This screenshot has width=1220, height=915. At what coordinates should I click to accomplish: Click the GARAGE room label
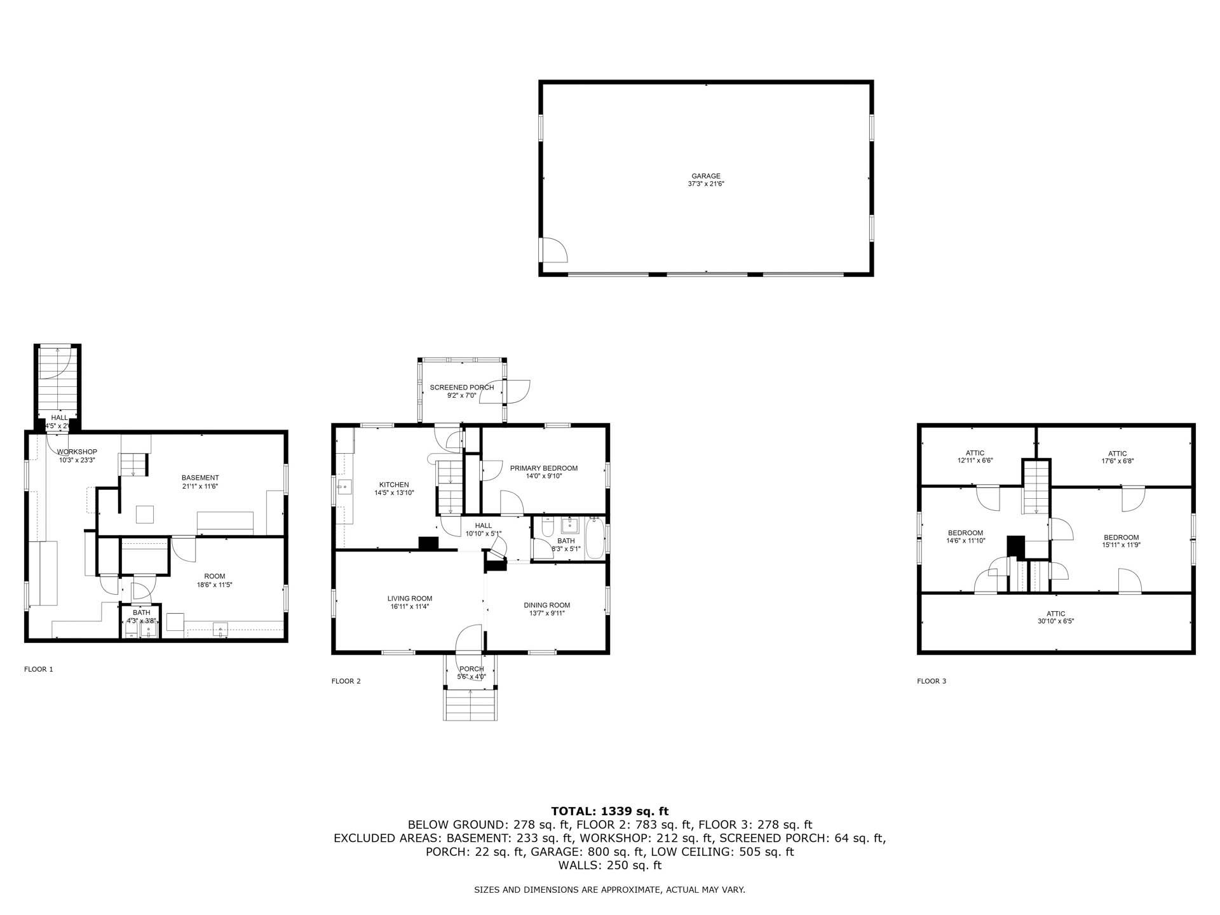coord(706,176)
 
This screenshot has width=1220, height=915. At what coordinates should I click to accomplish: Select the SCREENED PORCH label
coord(461,388)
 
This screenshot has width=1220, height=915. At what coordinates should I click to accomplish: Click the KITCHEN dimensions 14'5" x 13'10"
coord(394,492)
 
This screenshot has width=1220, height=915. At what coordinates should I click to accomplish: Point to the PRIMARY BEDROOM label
coord(543,468)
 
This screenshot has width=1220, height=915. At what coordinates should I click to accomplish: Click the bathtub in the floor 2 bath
coord(595,539)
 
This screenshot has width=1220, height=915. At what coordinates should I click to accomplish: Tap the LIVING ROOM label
coord(410,599)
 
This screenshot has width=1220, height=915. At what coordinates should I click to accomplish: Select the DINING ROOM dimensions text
coord(546,613)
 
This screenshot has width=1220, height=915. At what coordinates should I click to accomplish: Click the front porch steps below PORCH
coord(470,704)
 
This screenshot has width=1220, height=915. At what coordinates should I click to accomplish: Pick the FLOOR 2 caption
coord(346,681)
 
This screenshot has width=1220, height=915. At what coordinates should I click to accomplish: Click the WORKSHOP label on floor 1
coord(77,452)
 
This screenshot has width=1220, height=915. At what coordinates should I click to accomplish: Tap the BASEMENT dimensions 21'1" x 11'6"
coord(200,486)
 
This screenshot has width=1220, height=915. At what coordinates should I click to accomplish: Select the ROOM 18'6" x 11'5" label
coord(214,576)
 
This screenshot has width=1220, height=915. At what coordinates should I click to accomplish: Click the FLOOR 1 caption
coord(39,669)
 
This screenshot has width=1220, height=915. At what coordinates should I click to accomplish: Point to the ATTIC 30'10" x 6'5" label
coord(1055,614)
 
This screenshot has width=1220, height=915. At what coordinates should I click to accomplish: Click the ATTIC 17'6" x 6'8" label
coord(1117,454)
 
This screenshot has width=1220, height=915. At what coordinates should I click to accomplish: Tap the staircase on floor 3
coord(1036,488)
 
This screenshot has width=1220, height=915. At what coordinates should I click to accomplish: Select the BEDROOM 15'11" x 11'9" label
coord(1121,537)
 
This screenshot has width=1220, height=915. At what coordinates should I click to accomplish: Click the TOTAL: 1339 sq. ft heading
coord(609,811)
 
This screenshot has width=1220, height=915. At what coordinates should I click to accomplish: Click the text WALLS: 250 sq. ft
coord(609,865)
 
